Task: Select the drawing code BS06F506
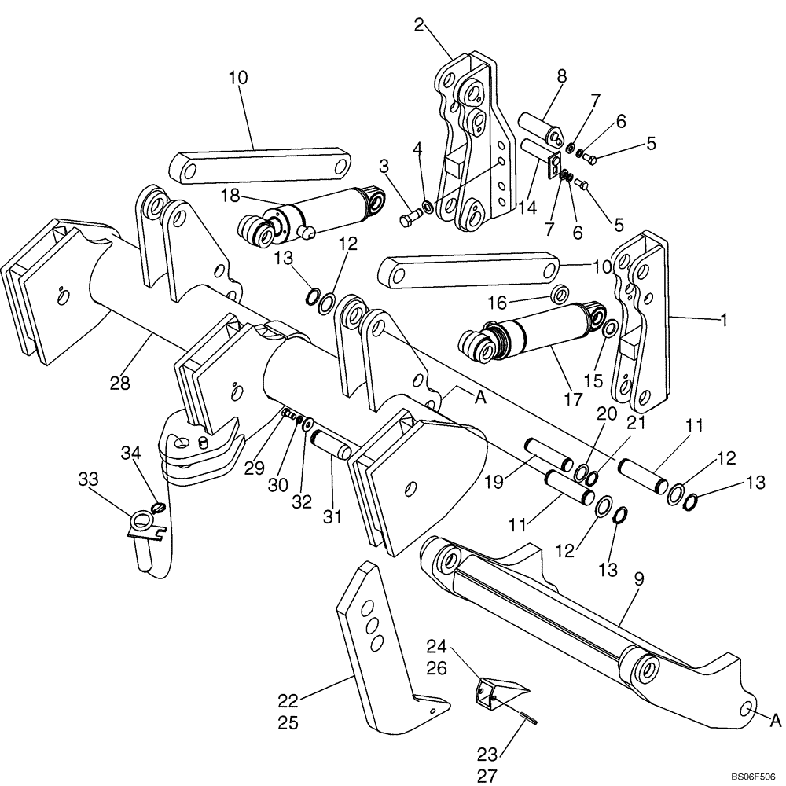(753, 776)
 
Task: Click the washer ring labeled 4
(427, 207)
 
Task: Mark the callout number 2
(420, 25)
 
